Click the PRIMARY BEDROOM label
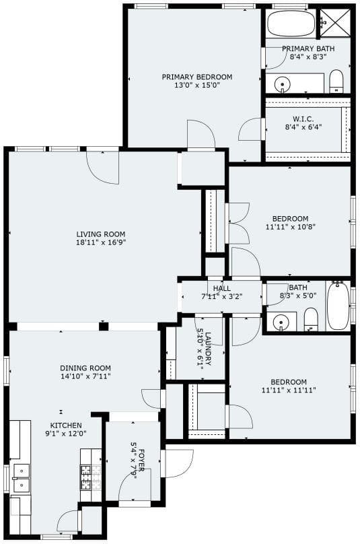click(197, 77)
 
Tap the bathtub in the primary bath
click(291, 24)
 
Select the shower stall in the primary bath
click(335, 22)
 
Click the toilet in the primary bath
click(336, 81)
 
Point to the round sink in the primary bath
click(282, 84)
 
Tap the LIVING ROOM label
click(100, 234)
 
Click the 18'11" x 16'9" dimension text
click(100, 242)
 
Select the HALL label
click(222, 288)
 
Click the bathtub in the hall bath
click(338, 305)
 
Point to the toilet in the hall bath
click(311, 319)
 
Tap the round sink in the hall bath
click(281, 323)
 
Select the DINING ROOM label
click(85, 368)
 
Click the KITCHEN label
click(66, 426)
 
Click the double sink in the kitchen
click(22, 478)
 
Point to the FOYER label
click(142, 460)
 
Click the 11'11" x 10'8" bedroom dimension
click(291, 227)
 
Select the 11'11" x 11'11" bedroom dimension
click(289, 390)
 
